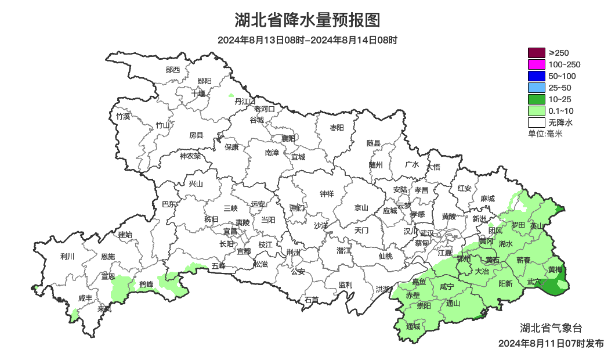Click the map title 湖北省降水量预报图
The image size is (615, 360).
(x=307, y=20)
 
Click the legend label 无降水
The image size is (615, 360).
(x=560, y=123)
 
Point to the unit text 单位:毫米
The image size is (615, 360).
(x=545, y=134)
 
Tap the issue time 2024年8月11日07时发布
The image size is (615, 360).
(x=551, y=344)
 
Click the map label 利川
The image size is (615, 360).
(x=67, y=256)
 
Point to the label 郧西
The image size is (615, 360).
(x=173, y=70)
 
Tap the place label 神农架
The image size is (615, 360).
(x=190, y=156)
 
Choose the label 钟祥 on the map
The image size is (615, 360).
(x=327, y=194)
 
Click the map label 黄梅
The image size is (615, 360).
(x=555, y=270)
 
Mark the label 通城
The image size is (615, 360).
(x=413, y=326)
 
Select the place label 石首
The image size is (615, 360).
(x=312, y=300)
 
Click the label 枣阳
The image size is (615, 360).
(x=337, y=127)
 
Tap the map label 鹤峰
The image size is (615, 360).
(x=146, y=285)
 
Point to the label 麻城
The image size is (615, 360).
(x=488, y=199)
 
